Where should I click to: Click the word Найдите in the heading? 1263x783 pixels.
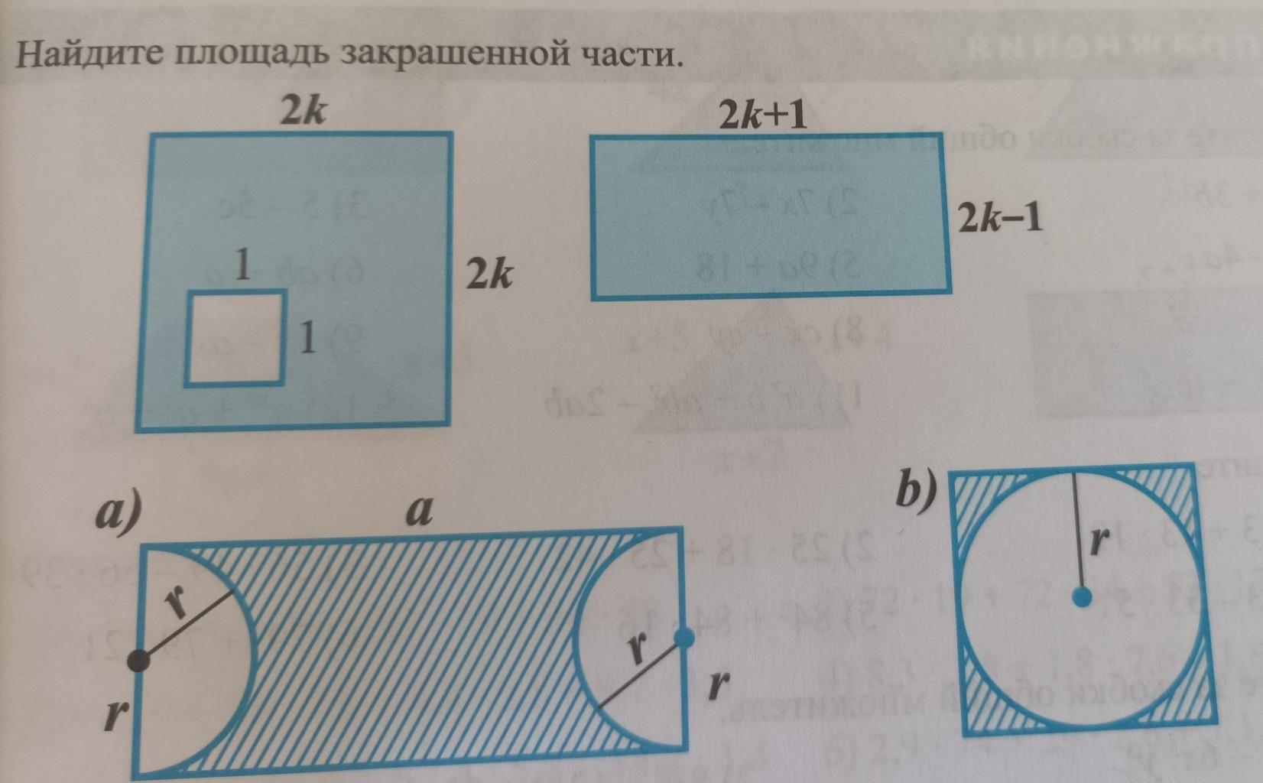tap(91, 55)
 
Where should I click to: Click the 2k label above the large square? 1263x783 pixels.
tap(302, 112)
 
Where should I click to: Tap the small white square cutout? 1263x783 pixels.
tap(235, 337)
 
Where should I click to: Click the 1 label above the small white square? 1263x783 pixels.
tap(242, 267)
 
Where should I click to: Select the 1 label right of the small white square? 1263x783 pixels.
tap(307, 337)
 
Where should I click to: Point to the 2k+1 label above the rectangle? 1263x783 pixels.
tap(763, 116)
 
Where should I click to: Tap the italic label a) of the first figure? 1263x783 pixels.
tap(119, 512)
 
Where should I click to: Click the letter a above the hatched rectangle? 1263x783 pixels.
tap(417, 511)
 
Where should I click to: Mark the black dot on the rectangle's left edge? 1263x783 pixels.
tap(138, 660)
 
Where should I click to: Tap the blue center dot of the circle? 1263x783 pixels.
tap(1080, 597)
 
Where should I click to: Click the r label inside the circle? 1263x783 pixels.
tap(1099, 541)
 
